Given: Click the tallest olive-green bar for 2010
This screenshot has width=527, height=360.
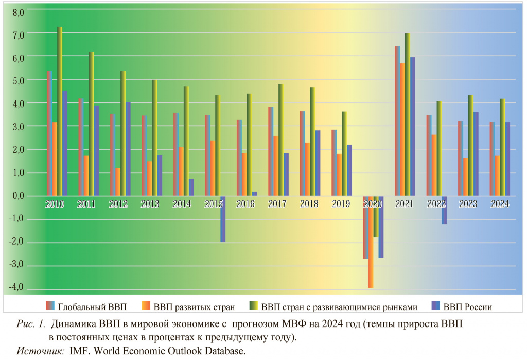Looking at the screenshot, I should [60, 111].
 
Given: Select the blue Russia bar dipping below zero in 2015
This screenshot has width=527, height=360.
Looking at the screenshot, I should [223, 219].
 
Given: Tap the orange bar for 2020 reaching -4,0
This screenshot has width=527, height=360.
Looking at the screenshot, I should [371, 242].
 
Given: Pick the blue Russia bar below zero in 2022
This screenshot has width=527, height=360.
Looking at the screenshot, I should [444, 210].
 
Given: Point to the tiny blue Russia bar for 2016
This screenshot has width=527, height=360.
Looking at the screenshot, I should [254, 194].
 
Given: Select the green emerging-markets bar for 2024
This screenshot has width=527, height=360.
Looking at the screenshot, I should [502, 147].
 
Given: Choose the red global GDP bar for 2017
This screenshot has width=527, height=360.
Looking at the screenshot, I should [271, 151].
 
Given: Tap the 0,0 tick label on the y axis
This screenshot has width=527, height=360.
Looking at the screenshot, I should [19, 196].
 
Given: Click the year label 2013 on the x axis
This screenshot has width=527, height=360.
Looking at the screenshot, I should [150, 204].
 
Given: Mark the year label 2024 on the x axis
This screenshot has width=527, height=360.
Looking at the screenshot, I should [500, 204].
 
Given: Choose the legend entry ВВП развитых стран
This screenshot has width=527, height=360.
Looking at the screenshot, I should [194, 307].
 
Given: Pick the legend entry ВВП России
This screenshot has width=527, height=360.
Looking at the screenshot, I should [468, 307].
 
